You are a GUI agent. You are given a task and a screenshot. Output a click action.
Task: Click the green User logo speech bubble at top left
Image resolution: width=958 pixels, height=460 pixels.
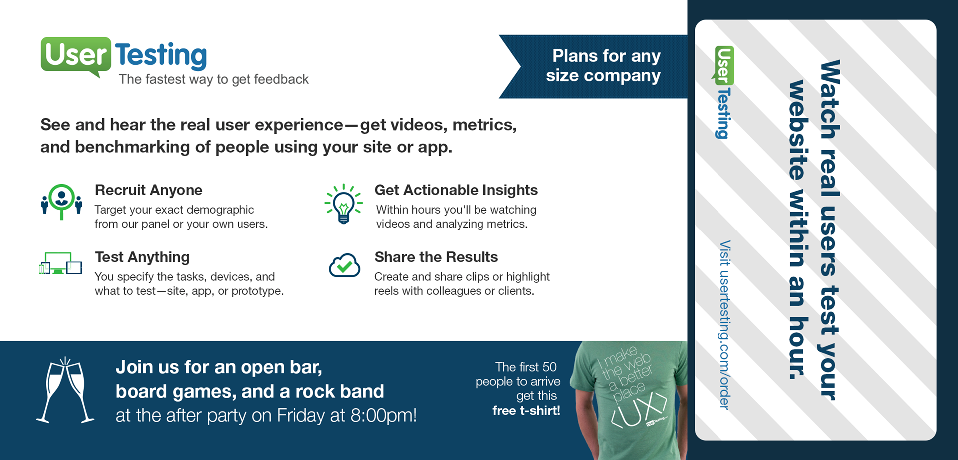(76, 56)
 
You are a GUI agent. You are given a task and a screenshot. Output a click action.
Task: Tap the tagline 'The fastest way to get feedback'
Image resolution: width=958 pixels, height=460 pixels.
(214, 79)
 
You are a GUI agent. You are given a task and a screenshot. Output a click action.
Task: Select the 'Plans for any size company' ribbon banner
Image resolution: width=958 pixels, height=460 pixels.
(593, 66)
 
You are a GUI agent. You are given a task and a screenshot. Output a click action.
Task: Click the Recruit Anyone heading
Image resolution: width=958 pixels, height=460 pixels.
(148, 190)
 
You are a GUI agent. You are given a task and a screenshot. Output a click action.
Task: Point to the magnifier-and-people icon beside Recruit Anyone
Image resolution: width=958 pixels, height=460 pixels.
(61, 202)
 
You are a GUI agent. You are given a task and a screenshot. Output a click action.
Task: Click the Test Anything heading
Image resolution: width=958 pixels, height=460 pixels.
(142, 257)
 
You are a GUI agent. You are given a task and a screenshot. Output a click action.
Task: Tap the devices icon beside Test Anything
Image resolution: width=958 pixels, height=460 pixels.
(60, 263)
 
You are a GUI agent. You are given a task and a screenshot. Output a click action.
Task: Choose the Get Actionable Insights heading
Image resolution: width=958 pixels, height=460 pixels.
(456, 190)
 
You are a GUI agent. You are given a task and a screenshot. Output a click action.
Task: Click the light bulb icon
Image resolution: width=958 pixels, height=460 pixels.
(343, 204)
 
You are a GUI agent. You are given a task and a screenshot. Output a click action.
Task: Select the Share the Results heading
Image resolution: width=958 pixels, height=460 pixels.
(436, 257)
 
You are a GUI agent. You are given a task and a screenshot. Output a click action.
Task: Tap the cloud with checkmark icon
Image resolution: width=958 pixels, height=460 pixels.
(344, 265)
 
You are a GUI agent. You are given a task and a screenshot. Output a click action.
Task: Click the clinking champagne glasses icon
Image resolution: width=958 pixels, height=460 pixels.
(65, 390)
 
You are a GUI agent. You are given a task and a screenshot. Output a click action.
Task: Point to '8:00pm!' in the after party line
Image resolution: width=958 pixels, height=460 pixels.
(383, 415)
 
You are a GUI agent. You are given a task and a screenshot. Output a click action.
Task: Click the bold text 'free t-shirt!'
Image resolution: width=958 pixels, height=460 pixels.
(526, 411)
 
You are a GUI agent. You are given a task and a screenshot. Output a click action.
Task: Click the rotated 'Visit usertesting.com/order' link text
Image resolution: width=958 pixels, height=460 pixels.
(725, 325)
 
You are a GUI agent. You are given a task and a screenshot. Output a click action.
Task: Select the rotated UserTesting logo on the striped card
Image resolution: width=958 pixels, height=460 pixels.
(723, 92)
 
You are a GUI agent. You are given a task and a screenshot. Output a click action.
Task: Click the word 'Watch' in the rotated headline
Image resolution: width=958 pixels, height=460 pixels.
(830, 100)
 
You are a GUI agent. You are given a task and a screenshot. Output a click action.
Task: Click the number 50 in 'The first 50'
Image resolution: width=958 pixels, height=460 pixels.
(549, 367)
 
